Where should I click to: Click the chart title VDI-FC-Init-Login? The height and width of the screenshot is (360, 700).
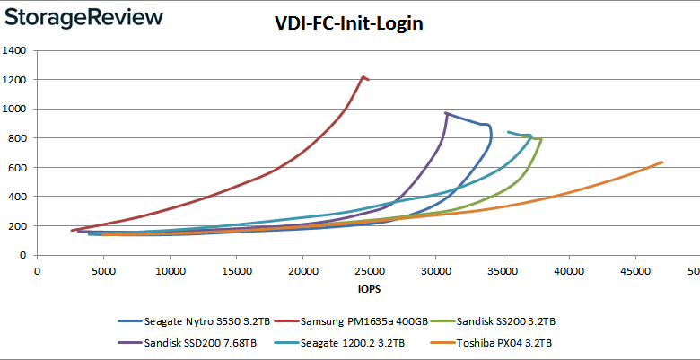(349, 23)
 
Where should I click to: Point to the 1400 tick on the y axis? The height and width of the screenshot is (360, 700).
(14, 50)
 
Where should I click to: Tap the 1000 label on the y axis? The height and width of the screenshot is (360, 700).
(14, 109)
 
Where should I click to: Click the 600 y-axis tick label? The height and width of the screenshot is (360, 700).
(18, 168)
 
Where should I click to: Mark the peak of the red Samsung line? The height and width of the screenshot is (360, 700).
(363, 76)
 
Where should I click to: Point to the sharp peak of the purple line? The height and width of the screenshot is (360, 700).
(446, 113)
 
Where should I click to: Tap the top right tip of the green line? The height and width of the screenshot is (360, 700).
(540, 138)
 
